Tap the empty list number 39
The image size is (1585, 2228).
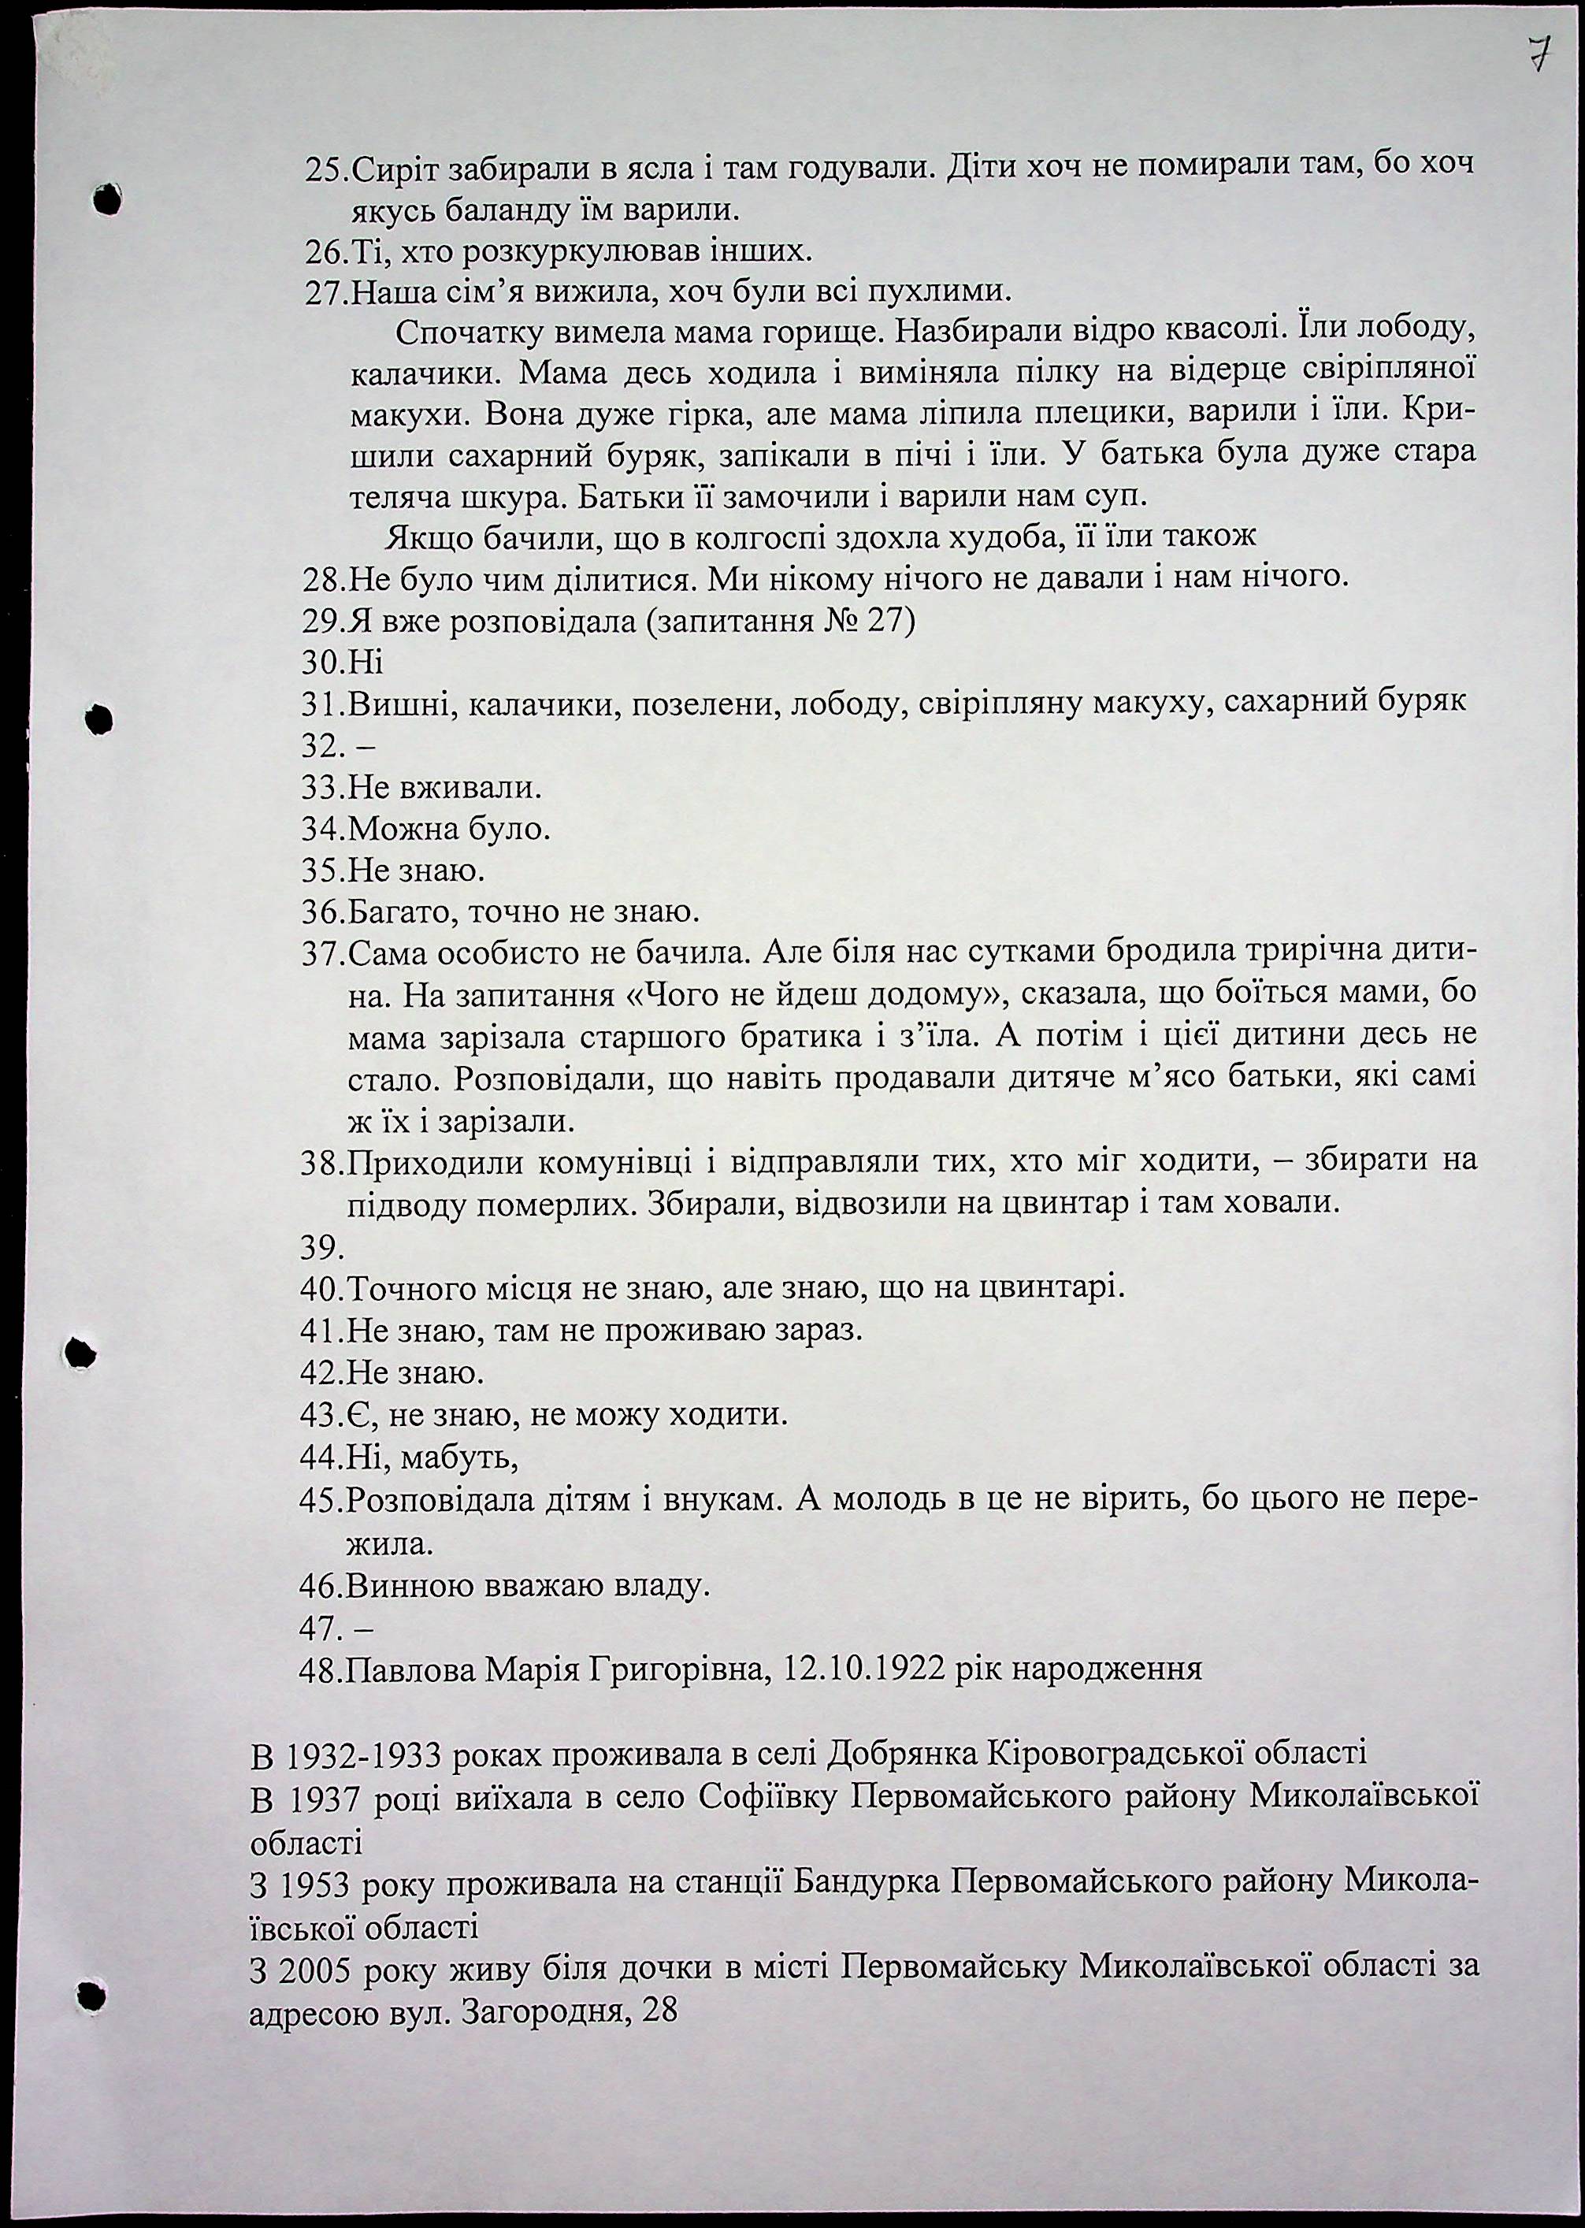322,1248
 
